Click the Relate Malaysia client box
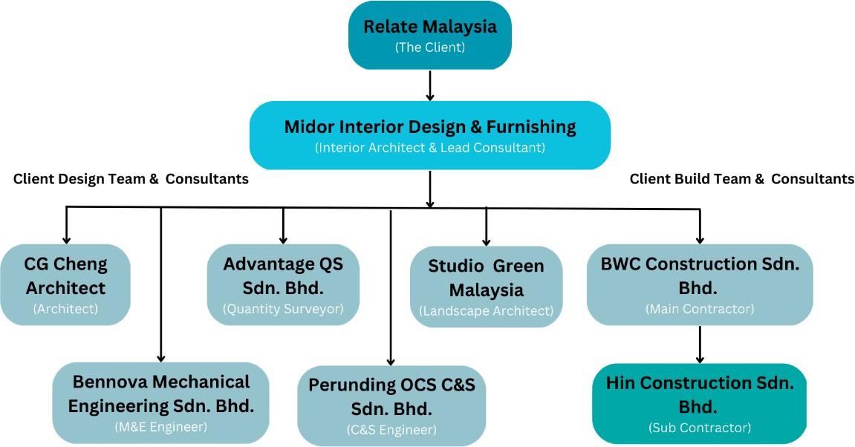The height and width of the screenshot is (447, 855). [x=429, y=36]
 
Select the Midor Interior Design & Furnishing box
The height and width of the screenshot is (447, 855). [x=429, y=135]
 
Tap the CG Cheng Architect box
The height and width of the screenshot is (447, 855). [x=65, y=284]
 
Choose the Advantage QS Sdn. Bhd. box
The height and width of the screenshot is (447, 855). [x=283, y=284]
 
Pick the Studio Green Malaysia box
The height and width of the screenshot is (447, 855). [x=486, y=287]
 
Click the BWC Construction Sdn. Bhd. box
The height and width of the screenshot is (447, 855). [x=700, y=284]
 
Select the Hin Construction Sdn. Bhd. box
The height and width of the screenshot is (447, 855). [x=700, y=403]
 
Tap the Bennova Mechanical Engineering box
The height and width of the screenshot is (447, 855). [x=161, y=403]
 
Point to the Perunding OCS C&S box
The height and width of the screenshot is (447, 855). [x=391, y=405]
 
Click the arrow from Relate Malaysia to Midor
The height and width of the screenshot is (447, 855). [x=429, y=85]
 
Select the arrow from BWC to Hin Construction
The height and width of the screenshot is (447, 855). [x=700, y=345]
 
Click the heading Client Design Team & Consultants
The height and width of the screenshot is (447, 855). [x=131, y=179]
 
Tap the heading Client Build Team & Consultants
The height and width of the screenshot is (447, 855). [x=741, y=179]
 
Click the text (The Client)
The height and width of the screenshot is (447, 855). [x=429, y=48]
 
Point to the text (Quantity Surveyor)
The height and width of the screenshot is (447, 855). [x=283, y=309]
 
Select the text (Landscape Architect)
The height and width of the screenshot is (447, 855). [x=486, y=311]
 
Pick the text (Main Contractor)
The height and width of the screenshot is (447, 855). [x=700, y=309]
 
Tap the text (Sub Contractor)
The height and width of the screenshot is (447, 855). [x=700, y=428]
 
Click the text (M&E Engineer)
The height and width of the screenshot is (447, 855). [x=161, y=427]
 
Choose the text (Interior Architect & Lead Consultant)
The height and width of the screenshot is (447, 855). [x=429, y=148]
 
